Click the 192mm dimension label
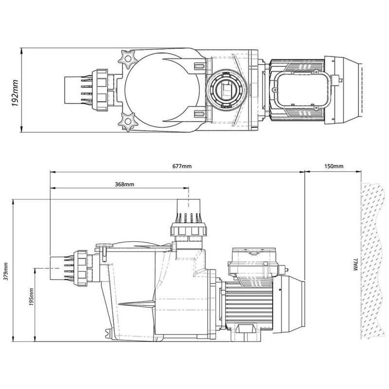(x=16, y=93)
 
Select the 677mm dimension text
(x=182, y=166)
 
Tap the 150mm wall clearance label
(x=334, y=166)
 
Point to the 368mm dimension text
(x=124, y=184)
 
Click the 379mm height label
(x=6, y=271)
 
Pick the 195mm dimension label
(x=31, y=297)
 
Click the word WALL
(x=356, y=264)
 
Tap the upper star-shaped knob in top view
(x=127, y=59)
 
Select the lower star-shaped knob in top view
(x=127, y=122)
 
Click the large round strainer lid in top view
(x=162, y=90)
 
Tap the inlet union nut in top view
(x=100, y=90)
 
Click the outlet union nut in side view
(x=189, y=230)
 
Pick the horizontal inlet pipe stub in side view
(x=57, y=268)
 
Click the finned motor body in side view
(x=249, y=303)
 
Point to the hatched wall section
(x=372, y=261)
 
